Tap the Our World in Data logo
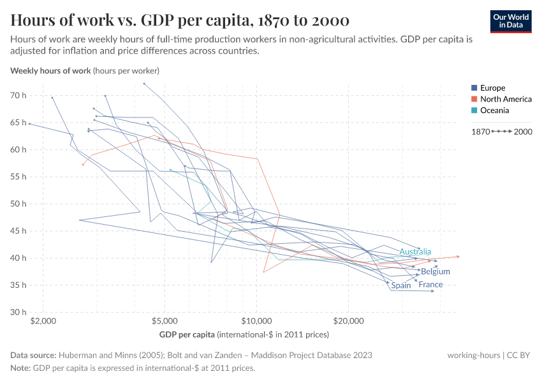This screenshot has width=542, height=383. (510, 21)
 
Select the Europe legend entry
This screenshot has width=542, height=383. (492, 87)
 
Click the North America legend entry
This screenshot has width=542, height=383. (505, 99)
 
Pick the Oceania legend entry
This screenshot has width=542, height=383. (494, 110)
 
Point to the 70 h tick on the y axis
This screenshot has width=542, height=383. (18, 95)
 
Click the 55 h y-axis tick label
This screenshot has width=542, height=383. (18, 177)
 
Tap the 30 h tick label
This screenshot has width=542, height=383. (18, 312)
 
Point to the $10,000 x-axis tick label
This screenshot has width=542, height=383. (256, 322)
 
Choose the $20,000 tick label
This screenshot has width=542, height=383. (348, 322)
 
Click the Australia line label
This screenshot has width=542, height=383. (415, 252)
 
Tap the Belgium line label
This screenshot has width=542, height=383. (435, 272)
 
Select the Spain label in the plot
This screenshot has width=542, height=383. (401, 286)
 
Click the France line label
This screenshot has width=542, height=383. (430, 285)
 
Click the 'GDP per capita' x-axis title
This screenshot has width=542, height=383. (186, 334)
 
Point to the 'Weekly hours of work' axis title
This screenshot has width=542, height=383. (50, 70)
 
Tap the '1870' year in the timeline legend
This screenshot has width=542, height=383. (480, 132)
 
